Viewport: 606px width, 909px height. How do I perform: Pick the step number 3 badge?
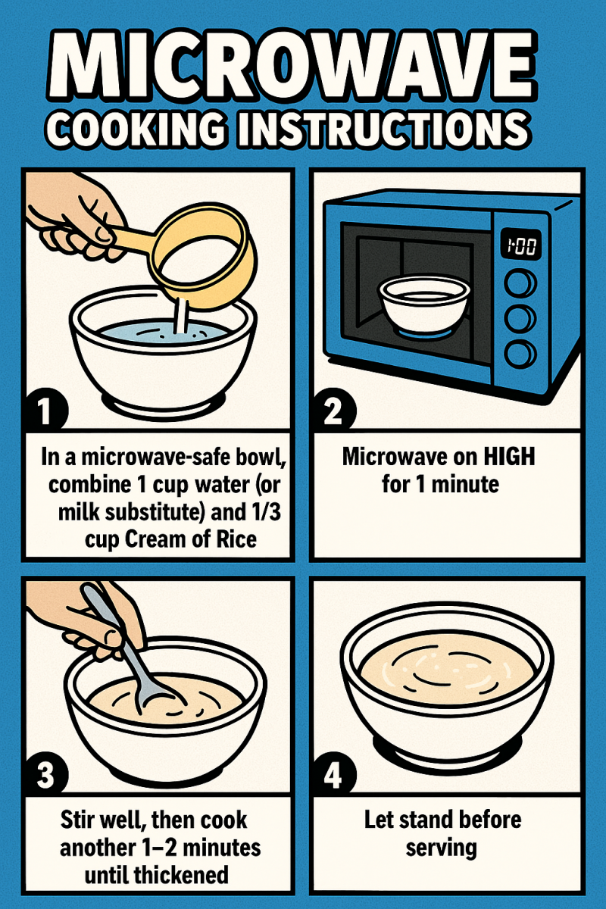(45, 774)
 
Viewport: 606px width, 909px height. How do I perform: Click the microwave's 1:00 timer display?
(520, 244)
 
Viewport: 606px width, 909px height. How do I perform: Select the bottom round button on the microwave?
(520, 354)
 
